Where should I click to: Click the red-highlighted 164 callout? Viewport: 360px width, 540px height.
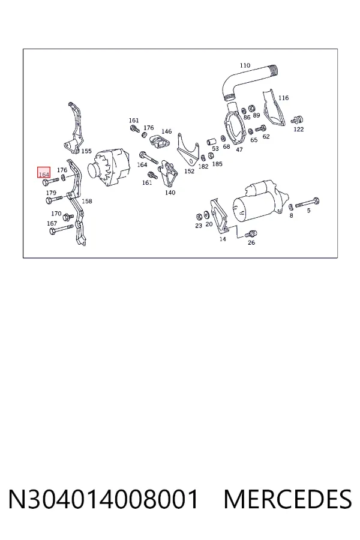(x=44, y=173)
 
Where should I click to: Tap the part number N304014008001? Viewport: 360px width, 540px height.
(x=104, y=499)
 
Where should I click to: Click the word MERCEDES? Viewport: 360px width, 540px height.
(x=287, y=499)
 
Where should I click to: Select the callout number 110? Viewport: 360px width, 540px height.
(x=245, y=65)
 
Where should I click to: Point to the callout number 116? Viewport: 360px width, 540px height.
(x=284, y=98)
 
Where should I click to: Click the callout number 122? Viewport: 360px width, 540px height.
(x=299, y=129)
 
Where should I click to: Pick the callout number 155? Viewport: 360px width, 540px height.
(x=86, y=151)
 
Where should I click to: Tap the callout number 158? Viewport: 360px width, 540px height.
(x=87, y=201)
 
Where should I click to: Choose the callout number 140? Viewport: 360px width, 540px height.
(x=170, y=193)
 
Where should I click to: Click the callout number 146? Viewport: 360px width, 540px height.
(x=166, y=131)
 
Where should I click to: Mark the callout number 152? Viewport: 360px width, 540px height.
(x=189, y=171)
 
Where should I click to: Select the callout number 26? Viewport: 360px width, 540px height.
(x=251, y=243)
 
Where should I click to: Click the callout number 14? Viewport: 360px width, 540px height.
(x=223, y=239)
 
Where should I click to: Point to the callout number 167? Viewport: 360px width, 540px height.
(x=52, y=224)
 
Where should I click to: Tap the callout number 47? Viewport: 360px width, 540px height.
(x=239, y=149)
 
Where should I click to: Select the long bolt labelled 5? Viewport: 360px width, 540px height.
(x=307, y=203)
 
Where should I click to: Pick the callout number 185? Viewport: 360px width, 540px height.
(x=217, y=164)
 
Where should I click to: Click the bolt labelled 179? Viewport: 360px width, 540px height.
(x=54, y=199)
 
